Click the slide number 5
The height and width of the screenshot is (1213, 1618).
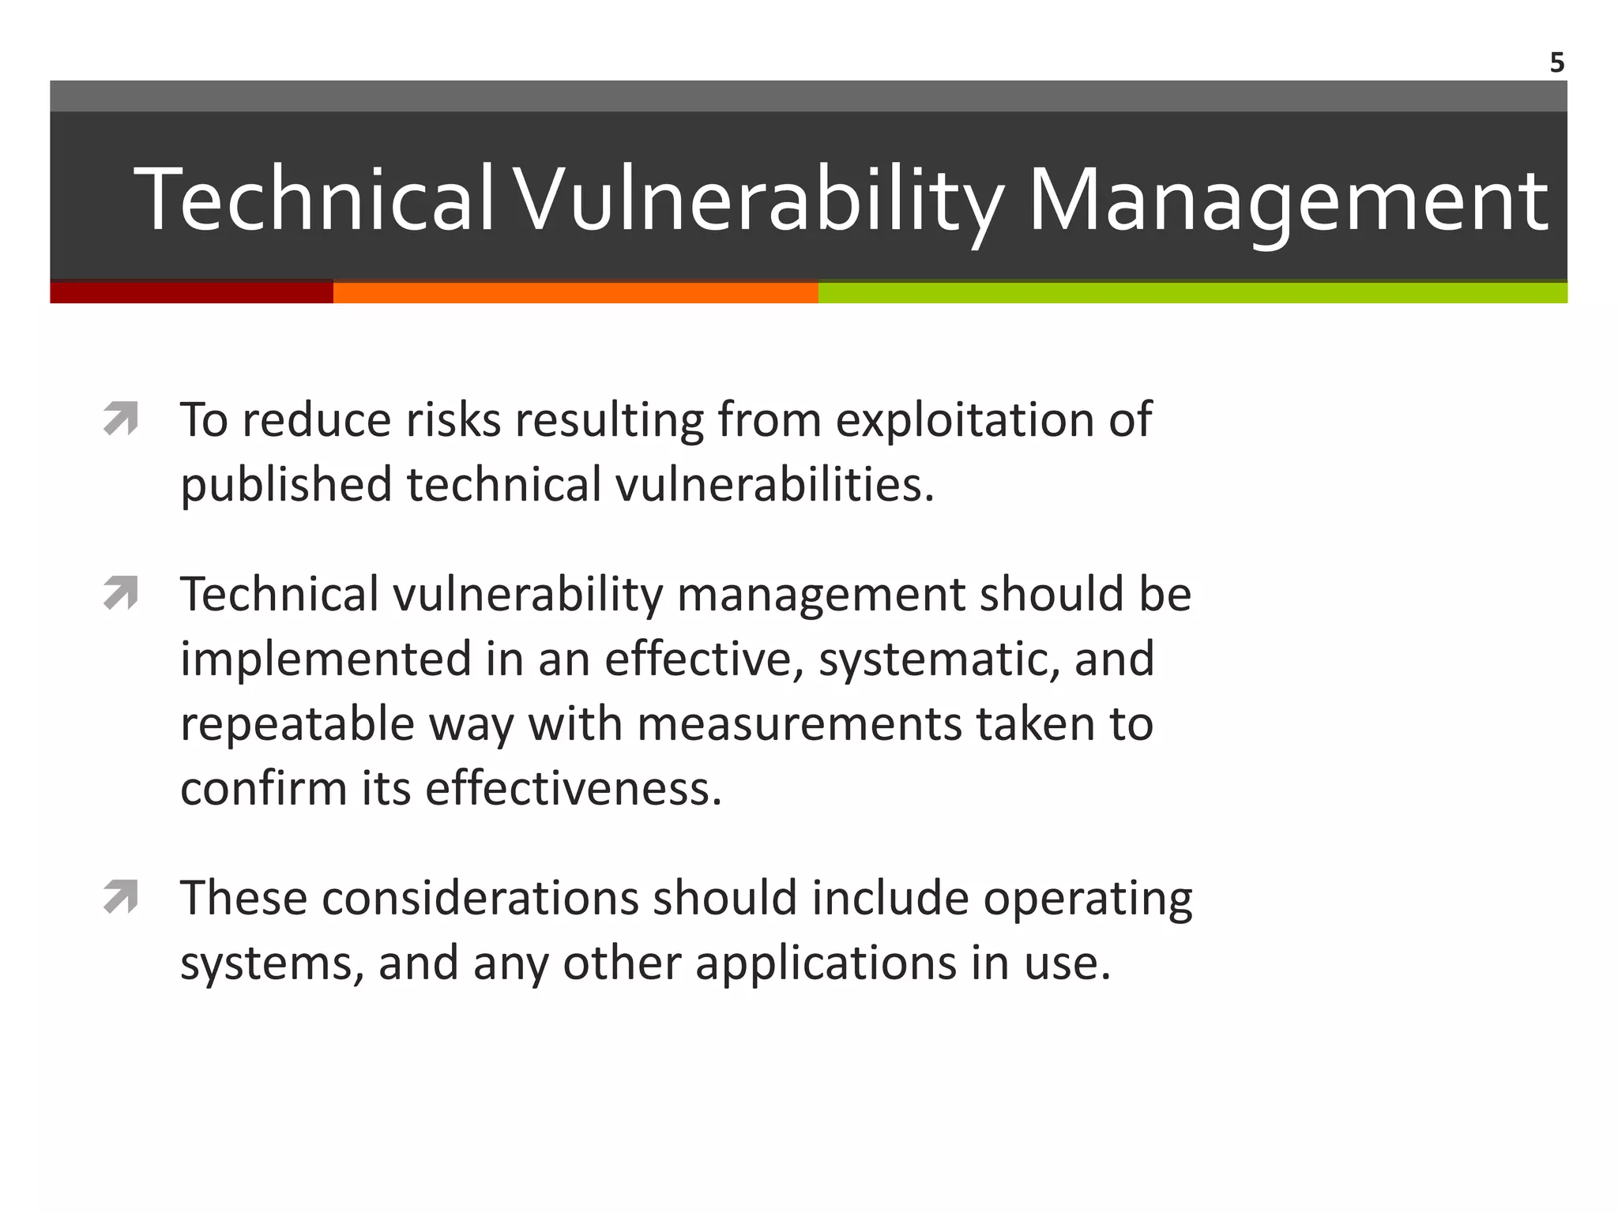1556,62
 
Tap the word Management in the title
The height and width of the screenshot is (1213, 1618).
1288,201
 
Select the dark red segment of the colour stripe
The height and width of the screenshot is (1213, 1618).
191,292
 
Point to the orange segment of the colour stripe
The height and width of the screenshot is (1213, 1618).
575,292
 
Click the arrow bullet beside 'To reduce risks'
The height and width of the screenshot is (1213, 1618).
121,419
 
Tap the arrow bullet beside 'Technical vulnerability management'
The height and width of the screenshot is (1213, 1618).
121,593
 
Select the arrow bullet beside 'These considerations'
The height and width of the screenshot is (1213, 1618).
121,897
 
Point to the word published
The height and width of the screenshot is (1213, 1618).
286,485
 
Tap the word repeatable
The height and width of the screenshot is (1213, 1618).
297,725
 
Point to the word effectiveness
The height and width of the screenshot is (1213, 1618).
574,789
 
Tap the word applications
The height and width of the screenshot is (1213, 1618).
826,965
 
